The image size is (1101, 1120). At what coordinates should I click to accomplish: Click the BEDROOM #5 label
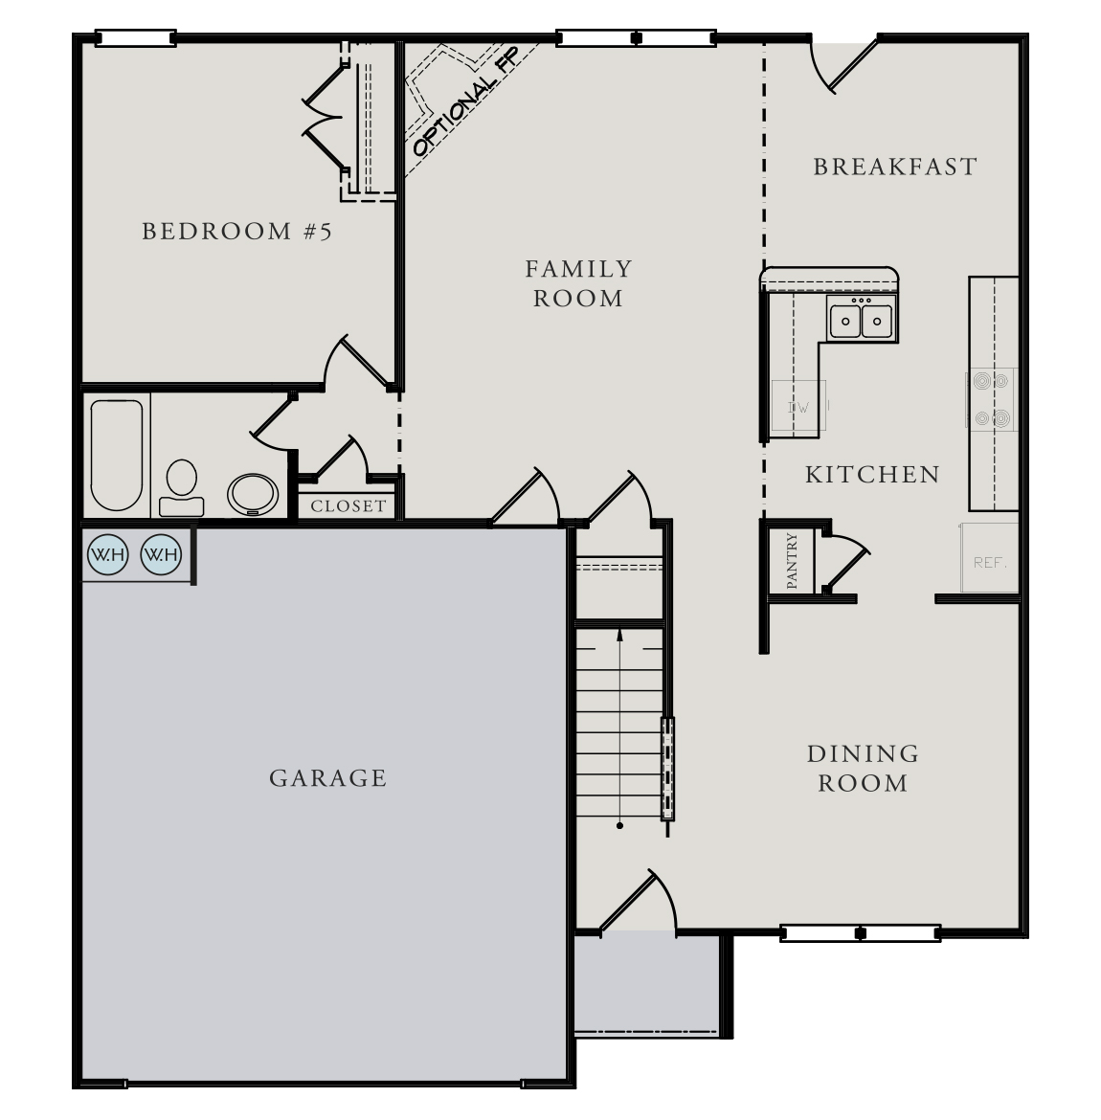tap(236, 232)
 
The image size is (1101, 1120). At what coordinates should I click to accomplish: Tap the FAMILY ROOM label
tap(578, 283)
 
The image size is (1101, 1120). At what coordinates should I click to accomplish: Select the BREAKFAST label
tap(895, 168)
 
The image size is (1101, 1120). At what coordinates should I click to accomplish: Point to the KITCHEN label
tap(872, 475)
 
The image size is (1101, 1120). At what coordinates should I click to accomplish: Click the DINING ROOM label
tap(863, 769)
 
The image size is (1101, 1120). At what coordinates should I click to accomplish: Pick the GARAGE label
tap(328, 778)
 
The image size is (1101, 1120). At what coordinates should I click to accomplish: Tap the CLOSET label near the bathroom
tap(348, 506)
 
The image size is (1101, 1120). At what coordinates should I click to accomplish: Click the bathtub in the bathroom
tap(117, 456)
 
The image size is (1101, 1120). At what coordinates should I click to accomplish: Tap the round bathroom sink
tap(253, 494)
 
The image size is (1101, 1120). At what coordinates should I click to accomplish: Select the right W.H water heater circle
tap(161, 554)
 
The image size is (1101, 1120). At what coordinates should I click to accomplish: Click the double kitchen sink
tap(861, 320)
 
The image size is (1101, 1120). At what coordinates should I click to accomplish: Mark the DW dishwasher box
tap(798, 408)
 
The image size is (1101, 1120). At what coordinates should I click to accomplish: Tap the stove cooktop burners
tap(991, 399)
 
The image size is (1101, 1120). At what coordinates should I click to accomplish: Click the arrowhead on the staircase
tap(620, 634)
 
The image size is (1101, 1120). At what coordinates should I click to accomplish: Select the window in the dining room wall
tap(860, 932)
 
